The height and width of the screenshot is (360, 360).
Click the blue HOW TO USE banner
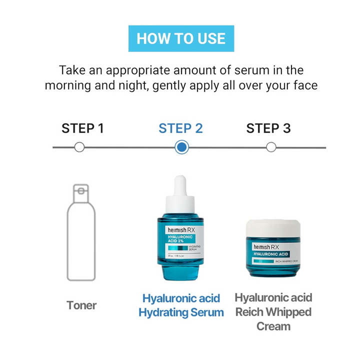pos(181,38)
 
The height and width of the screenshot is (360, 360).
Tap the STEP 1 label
pos(82,128)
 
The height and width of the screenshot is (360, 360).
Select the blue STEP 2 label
pos(180,128)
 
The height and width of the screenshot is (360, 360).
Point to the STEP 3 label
pos(268,128)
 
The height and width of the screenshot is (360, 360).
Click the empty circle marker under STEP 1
pos(79,147)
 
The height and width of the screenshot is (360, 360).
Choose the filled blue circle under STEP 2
pos(181,147)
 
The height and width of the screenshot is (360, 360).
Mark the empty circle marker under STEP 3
pos(271,147)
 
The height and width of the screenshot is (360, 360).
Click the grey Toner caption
pos(81,304)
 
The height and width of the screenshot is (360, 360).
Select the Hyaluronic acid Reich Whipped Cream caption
pos(273,312)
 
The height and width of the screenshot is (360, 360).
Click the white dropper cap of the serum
pos(181,192)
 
